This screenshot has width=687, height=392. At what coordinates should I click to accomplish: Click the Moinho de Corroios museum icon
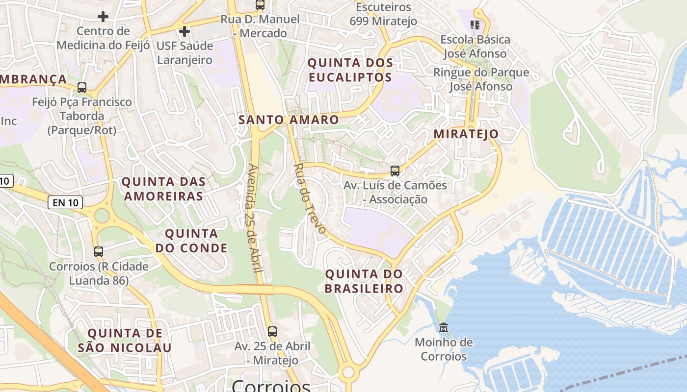click(444, 327)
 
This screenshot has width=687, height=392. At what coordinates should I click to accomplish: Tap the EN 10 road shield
click(65, 202)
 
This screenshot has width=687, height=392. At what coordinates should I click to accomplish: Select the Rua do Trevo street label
click(309, 198)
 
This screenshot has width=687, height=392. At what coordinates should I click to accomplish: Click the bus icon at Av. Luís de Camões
click(395, 171)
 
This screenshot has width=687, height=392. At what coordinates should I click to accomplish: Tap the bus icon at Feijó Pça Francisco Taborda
click(82, 88)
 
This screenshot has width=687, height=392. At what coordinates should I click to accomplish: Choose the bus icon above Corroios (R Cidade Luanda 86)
click(99, 252)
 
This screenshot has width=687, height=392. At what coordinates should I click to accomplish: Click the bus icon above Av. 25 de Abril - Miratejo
click(272, 331)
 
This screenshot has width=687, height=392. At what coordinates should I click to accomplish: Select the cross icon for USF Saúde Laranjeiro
click(185, 32)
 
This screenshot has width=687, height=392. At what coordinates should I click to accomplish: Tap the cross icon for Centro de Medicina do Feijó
click(103, 17)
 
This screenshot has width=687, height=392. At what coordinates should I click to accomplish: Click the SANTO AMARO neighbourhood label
click(289, 120)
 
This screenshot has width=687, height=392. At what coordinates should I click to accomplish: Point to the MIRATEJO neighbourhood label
click(466, 134)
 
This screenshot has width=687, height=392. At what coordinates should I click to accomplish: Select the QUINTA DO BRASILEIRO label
click(364, 281)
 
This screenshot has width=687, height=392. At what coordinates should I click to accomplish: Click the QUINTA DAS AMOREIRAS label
click(163, 189)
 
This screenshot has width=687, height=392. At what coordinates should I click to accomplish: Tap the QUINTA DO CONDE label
click(191, 241)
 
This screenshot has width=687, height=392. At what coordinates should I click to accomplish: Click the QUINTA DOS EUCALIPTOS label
click(350, 70)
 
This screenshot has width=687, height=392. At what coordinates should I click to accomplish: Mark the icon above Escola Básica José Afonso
click(475, 24)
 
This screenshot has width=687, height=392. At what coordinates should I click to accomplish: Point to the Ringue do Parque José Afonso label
click(481, 79)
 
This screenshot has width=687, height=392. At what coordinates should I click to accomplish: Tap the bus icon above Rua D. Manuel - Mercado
click(260, 5)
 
